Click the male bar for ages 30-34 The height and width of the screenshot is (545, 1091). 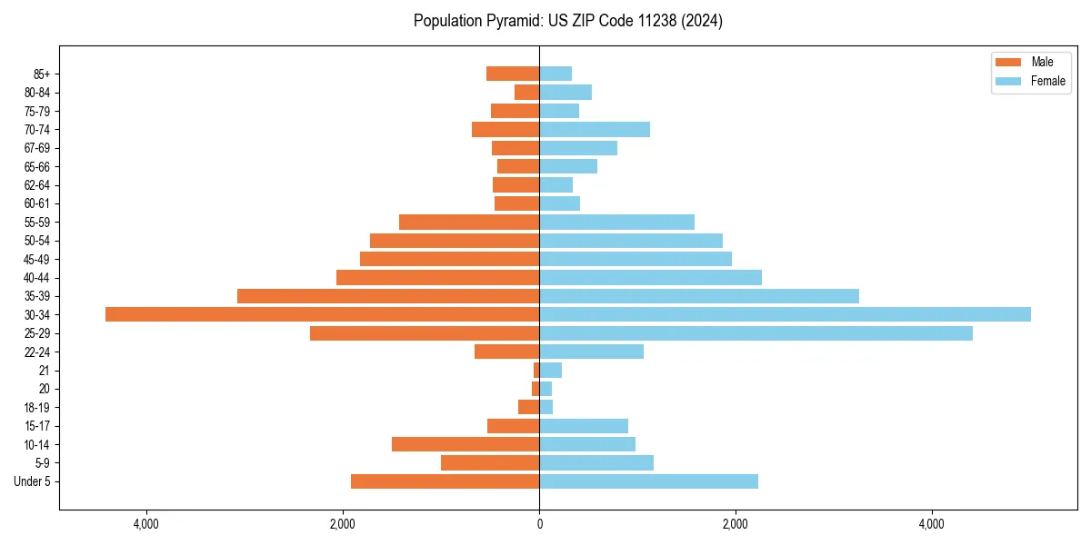[322, 314]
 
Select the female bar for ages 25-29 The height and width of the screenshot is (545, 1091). [756, 333]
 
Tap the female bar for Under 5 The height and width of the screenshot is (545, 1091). [648, 481]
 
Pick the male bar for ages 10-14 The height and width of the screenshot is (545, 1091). [465, 444]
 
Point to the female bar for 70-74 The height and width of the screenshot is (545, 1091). [595, 129]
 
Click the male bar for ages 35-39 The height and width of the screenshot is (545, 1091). [388, 296]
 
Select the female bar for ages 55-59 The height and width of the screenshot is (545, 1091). [616, 222]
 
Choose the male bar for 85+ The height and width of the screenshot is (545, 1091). [513, 74]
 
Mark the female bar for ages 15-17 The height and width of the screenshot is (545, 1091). [584, 426]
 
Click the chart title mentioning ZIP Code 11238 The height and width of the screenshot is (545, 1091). [567, 21]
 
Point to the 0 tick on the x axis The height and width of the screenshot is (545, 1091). [539, 524]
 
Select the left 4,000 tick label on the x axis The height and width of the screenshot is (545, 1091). [145, 524]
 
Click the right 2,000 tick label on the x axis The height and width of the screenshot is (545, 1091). [735, 524]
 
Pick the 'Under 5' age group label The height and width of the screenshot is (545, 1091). [32, 481]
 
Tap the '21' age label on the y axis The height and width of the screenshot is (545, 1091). [45, 371]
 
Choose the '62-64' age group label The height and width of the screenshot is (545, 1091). [37, 185]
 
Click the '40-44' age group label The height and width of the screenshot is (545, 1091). [37, 278]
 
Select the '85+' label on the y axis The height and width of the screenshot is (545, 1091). [41, 74]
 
